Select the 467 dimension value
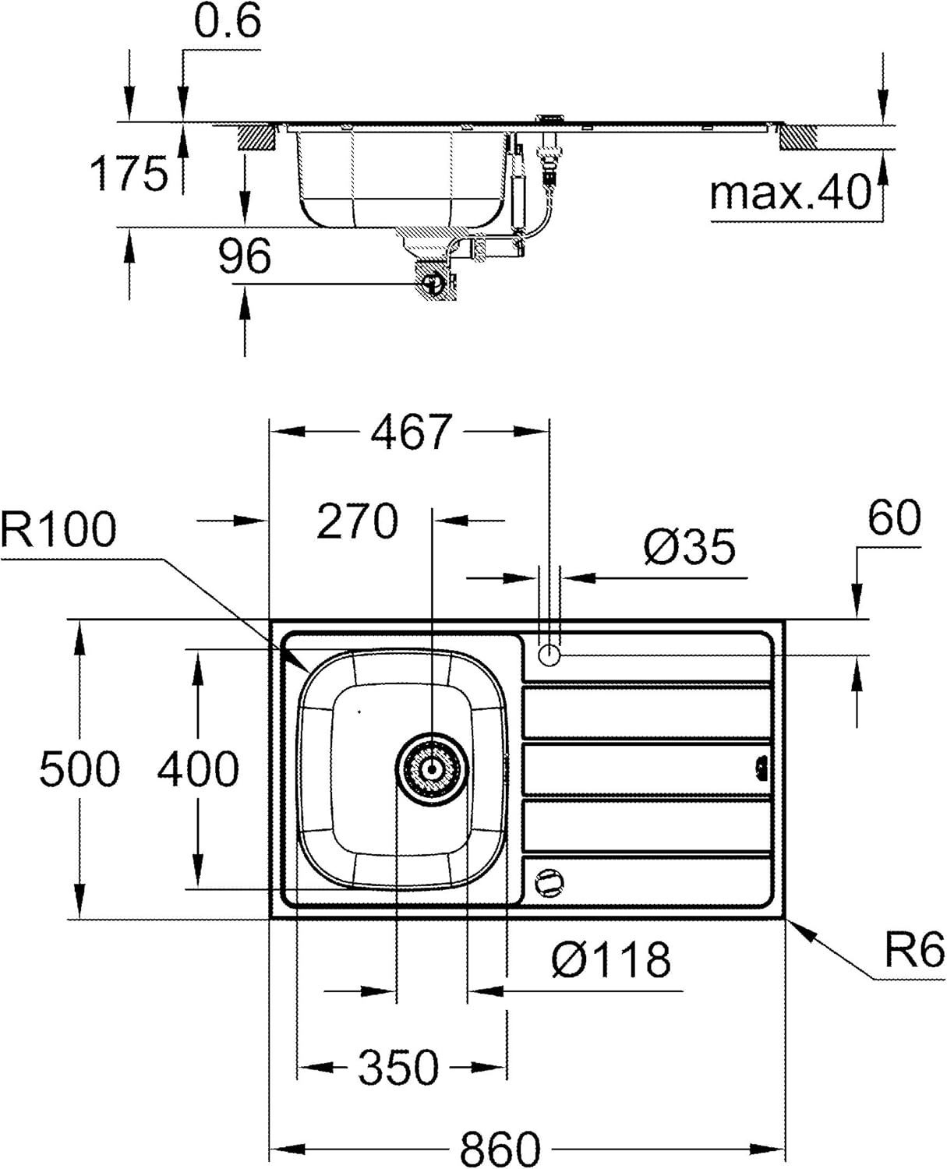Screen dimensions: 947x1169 [x=412, y=432]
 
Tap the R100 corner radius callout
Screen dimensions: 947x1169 [x=58, y=530]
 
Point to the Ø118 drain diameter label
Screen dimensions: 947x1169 [x=611, y=960]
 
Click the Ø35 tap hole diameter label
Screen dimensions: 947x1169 [x=690, y=546]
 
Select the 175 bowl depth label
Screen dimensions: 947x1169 [x=129, y=174]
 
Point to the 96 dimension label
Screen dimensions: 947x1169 [x=245, y=256]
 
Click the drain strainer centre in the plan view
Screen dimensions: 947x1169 [x=432, y=769]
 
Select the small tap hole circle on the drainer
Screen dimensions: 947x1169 [x=549, y=655]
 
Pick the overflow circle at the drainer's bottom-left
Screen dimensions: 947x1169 [x=549, y=882]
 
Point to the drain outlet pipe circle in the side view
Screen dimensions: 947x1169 [x=433, y=283]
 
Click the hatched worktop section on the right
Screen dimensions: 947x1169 [x=798, y=137]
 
